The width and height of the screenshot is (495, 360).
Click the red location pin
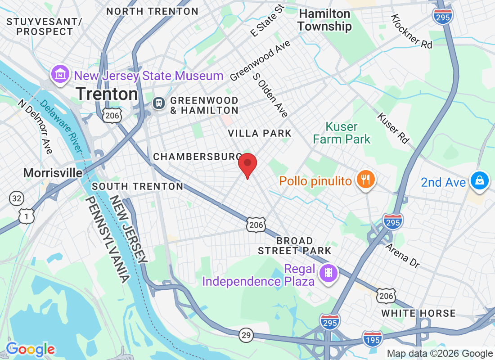tap(247, 165)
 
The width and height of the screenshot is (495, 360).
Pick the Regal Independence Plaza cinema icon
tap(328, 273)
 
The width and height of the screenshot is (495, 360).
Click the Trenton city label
tap(107, 94)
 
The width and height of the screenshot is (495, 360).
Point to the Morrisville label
tap(53, 173)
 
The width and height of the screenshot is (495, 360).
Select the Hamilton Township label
tap(324, 20)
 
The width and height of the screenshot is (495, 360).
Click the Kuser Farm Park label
tap(342, 133)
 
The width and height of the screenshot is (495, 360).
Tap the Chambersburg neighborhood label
tap(197, 157)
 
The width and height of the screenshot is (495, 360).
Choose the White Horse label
tap(418, 313)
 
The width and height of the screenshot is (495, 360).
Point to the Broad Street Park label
tap(294, 246)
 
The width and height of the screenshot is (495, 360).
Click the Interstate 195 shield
tap(373, 338)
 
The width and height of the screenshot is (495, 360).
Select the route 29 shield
tap(247, 335)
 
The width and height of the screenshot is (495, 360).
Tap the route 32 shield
tap(16, 198)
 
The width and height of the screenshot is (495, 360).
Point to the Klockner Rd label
tap(411, 31)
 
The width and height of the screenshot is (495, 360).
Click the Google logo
tap(30, 349)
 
